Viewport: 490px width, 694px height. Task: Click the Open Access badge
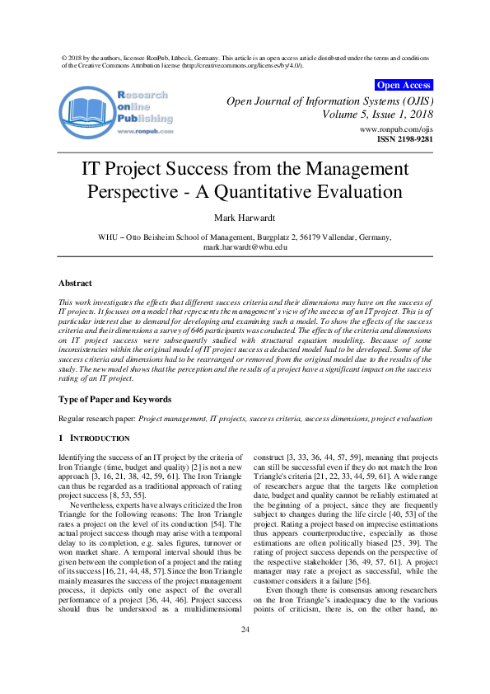click(x=403, y=85)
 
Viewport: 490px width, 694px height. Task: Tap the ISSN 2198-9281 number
click(x=404, y=140)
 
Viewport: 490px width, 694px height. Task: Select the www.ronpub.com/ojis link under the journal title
click(x=396, y=130)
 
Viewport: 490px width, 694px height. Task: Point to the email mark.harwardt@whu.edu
click(x=245, y=246)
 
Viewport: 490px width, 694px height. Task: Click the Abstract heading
click(x=76, y=283)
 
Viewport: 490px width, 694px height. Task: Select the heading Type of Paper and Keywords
click(x=114, y=399)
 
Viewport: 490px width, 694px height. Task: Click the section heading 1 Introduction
click(x=94, y=438)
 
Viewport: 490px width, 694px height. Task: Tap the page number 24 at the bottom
click(x=245, y=653)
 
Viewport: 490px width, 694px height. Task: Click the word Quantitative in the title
click(x=318, y=193)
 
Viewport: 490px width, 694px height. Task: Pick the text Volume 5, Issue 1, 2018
click(x=377, y=115)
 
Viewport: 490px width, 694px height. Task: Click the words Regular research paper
click(x=96, y=419)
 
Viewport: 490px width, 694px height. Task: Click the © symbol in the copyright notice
click(x=65, y=58)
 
